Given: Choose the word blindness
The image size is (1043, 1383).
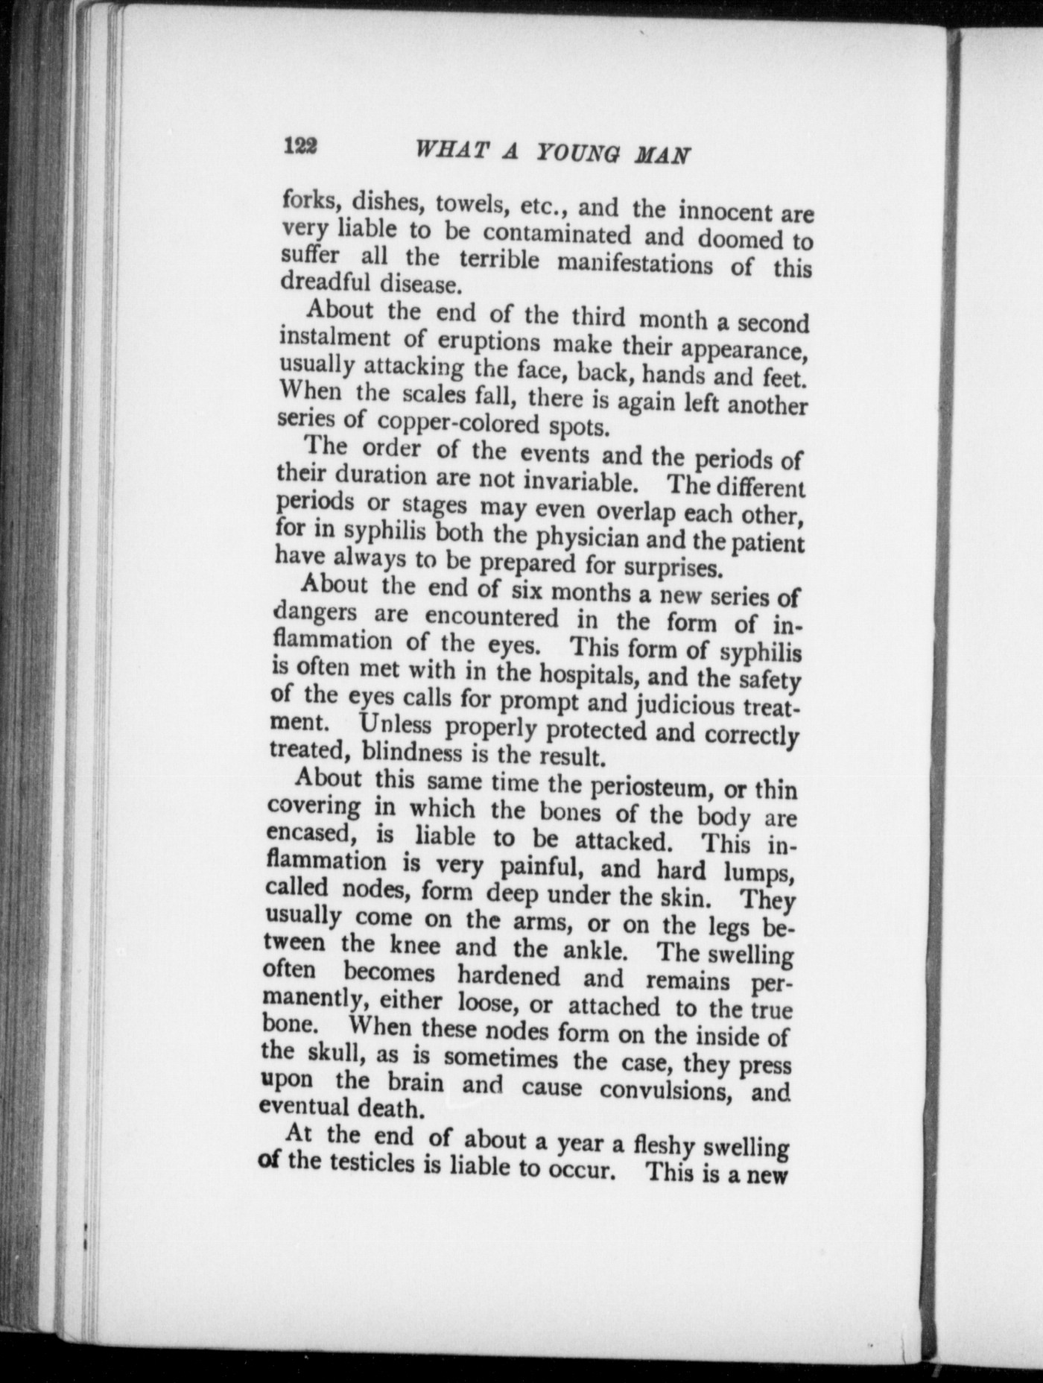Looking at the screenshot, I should tap(411, 753).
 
